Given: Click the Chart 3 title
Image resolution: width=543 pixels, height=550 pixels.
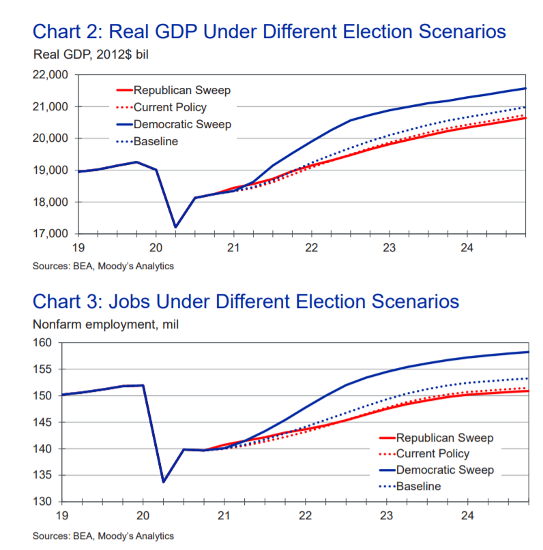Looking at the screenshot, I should coord(246,301).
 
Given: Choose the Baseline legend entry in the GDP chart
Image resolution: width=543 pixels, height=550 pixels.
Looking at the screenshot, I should coord(156,141).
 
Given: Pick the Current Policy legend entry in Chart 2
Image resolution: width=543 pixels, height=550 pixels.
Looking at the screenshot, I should coord(169,107).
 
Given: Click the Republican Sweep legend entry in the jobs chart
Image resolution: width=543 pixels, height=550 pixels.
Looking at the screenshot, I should coord(444,438).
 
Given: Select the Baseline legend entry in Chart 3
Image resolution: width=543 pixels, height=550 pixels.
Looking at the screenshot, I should coord(417,486).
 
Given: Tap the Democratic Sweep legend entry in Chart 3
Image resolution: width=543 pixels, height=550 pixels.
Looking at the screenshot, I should coord(444,470).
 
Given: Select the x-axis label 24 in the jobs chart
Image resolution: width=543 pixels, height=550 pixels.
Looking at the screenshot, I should coord(467,515).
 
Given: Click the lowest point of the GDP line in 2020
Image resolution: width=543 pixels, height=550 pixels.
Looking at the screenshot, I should coord(175,227).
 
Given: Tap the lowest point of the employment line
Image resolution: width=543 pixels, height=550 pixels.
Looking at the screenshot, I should coord(163,482).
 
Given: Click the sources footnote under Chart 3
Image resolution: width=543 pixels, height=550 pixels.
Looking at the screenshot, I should coord(103,536).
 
